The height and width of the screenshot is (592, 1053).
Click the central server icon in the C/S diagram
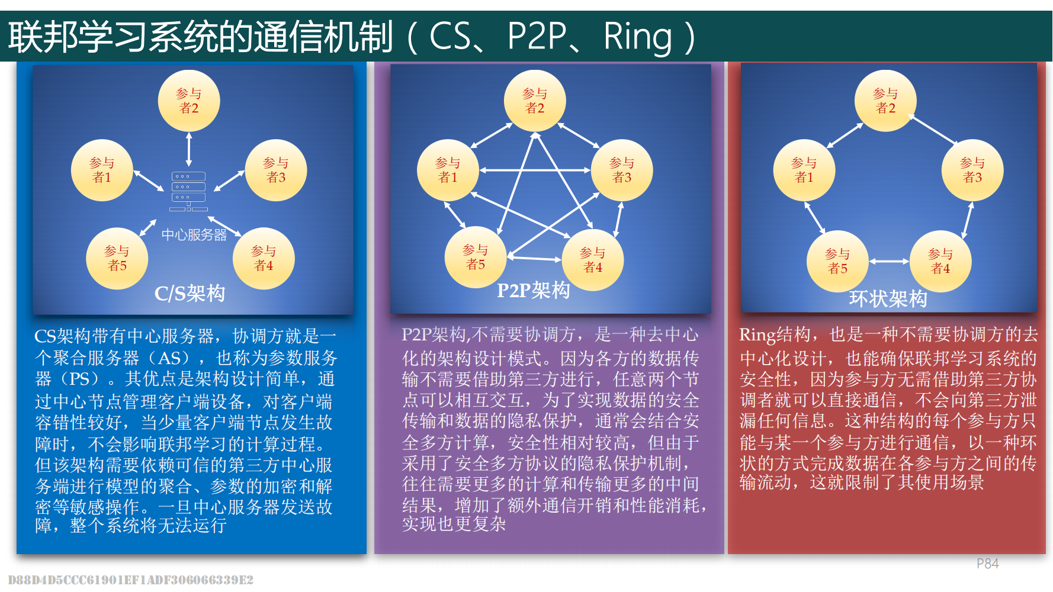188,191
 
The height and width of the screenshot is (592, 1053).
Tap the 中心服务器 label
194,235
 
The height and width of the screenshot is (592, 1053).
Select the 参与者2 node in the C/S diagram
189,101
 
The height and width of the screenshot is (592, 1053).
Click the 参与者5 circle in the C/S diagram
117,258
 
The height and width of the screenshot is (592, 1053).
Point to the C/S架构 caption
190,293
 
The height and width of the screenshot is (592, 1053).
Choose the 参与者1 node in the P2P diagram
448,170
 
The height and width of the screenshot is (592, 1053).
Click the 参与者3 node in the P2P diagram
621,170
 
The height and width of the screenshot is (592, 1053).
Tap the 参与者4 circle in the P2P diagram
592,260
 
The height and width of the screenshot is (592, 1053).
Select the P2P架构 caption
533,291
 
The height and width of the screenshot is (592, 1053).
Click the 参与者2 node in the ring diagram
885,101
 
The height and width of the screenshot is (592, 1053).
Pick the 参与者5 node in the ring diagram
837,261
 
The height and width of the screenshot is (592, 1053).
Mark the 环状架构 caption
888,298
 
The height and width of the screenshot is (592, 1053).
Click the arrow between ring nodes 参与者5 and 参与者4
889,261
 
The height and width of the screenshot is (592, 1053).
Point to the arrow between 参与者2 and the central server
189,149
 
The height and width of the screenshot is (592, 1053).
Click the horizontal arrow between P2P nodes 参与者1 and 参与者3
535,170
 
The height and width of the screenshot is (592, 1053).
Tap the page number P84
987,564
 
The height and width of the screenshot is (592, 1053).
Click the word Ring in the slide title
637,37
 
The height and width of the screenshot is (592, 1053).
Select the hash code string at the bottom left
131,580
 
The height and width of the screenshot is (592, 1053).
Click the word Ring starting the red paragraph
757,335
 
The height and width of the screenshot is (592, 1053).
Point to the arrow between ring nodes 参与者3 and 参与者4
968,220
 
